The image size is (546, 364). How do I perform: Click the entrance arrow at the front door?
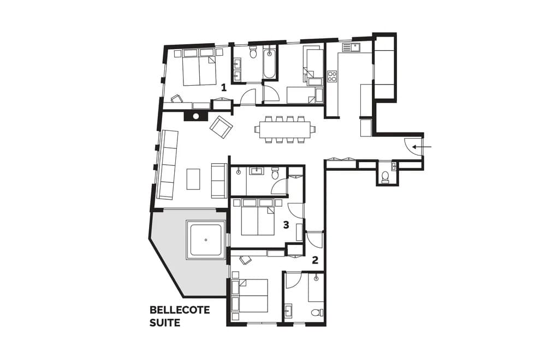click(x=422, y=147)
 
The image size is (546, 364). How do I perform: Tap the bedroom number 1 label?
click(x=224, y=87)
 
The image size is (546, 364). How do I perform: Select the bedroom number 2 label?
click(x=315, y=260)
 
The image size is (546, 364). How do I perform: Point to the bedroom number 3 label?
click(x=286, y=225)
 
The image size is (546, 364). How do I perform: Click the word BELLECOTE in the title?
click(x=180, y=310)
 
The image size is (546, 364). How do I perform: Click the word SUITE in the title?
click(x=165, y=323)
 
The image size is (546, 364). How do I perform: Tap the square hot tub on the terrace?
click(x=206, y=240)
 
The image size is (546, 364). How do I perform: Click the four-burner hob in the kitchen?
click(x=332, y=76)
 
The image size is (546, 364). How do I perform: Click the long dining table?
click(x=283, y=129)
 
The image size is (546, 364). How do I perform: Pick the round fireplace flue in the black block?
click(x=196, y=116)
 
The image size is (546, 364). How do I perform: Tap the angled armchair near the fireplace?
click(x=221, y=127)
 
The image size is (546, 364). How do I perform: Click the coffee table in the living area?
click(x=193, y=179)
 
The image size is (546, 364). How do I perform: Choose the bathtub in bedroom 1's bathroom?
click(x=270, y=63)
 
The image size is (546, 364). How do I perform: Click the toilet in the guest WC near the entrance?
click(x=385, y=176)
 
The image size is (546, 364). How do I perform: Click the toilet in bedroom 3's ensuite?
click(x=275, y=172)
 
